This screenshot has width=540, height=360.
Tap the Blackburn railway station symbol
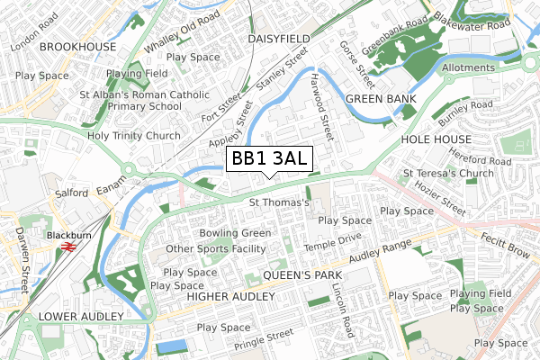pos(66,244)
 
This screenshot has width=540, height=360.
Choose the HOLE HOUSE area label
pos(436,139)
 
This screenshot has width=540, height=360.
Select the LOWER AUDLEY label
pos(81,317)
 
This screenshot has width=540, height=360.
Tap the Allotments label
pos(467,67)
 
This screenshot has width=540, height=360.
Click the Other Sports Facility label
pos(218,248)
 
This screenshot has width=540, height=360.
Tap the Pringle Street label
pos(265,339)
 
